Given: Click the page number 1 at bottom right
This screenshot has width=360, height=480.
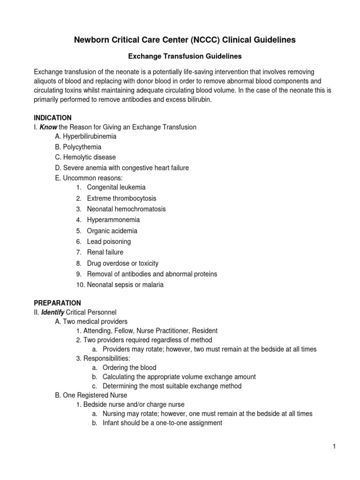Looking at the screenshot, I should pos(335,447).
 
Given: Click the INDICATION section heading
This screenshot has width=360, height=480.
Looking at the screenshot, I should pos(52,118).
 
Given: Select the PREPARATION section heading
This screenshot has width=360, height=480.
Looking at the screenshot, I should pos(57,303).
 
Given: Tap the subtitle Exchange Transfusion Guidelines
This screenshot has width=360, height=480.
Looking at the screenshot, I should pos(185,56).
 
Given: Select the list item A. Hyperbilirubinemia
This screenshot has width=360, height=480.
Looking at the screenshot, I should pos(86,136).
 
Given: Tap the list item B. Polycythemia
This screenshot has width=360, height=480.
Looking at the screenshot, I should pos(78,147).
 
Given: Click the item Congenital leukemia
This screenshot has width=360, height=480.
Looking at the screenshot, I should pos(116,187).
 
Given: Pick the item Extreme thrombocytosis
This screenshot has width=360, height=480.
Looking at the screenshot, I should pos(121,198).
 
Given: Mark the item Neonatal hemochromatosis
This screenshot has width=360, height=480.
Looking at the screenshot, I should pos(126,209).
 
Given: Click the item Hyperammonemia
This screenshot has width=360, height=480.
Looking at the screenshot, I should pos(113,220).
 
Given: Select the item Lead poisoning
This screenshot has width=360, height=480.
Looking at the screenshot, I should pos(109,242).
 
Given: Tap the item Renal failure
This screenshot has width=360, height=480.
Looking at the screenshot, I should pos(105,253).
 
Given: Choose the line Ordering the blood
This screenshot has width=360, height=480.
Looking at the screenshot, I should pos(129,367).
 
